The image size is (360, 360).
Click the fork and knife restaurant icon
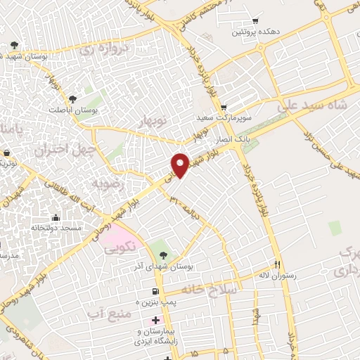(278, 264)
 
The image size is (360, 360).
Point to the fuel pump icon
(154, 292)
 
